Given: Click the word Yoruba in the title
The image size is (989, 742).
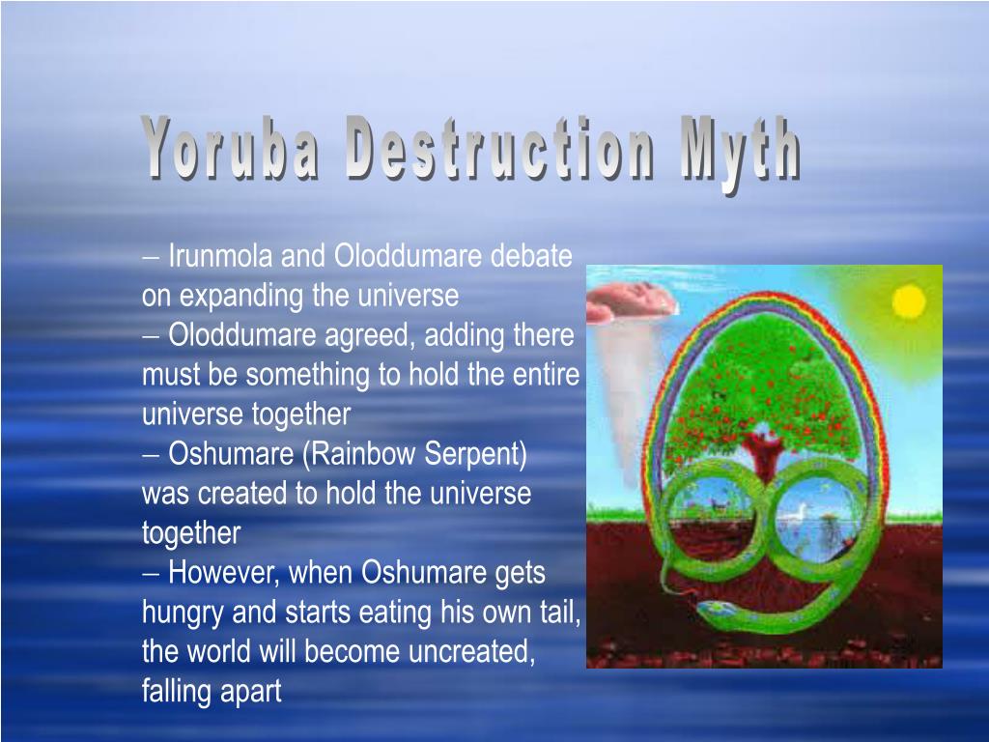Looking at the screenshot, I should coord(230,148).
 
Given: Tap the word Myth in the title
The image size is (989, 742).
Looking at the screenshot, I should coord(740,150).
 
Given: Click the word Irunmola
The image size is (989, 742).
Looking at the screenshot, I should coord(219,256).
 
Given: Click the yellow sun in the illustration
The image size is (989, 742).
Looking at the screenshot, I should coord(908,301).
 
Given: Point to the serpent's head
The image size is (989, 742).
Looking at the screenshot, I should coord(717,609).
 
